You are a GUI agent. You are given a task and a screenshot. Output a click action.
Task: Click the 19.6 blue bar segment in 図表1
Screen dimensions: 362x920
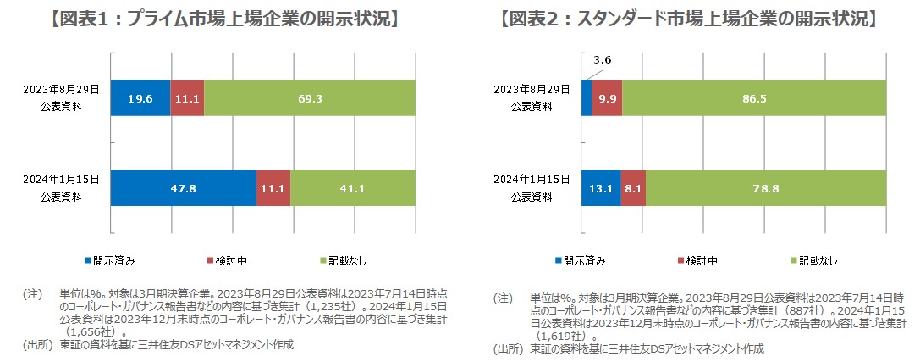click(x=140, y=98)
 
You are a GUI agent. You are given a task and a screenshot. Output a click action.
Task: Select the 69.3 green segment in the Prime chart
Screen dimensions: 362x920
click(x=310, y=98)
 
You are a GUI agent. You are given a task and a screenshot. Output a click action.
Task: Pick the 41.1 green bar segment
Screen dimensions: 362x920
click(x=353, y=188)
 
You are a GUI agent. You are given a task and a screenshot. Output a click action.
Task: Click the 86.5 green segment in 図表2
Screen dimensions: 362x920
click(x=753, y=98)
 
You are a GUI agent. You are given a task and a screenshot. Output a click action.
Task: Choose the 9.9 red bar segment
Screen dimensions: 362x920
click(x=607, y=98)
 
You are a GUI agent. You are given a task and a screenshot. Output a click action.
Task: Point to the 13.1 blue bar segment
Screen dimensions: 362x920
click(x=600, y=188)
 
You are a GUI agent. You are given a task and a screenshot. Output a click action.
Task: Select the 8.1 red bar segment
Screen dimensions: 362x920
click(x=632, y=188)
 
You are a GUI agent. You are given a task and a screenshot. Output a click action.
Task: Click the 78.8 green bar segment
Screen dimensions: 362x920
click(x=765, y=188)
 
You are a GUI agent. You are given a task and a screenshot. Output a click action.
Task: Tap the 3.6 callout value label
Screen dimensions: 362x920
click(x=603, y=60)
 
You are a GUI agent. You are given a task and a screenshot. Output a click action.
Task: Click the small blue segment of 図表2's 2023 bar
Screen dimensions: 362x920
click(x=586, y=98)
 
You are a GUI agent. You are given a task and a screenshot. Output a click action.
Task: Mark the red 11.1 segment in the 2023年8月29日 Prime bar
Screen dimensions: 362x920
click(x=187, y=98)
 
